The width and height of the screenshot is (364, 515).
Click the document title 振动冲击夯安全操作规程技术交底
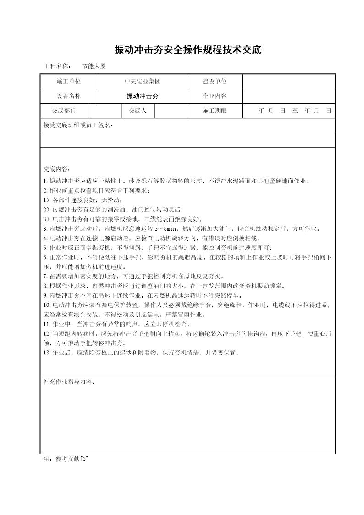tap(188, 50)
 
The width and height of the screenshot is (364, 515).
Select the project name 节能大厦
tap(94, 66)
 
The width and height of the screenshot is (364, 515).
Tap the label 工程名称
tap(57, 66)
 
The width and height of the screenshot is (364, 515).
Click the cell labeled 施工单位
tap(69, 82)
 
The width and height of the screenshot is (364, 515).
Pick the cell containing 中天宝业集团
tap(143, 82)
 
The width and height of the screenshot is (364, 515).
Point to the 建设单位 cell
tap(215, 82)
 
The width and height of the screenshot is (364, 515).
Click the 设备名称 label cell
tap(69, 96)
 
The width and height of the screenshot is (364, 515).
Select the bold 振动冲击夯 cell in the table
tap(143, 96)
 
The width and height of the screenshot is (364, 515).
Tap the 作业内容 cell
tap(215, 96)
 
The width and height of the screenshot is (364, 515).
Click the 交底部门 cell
tap(64, 111)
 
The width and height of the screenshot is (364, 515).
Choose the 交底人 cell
tap(138, 111)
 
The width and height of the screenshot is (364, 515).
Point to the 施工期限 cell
tap(215, 111)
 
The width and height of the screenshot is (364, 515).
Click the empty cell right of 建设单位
tap(288, 82)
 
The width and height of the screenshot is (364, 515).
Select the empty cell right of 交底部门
tap(105, 111)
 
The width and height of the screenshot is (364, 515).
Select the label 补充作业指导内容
tap(69, 382)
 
